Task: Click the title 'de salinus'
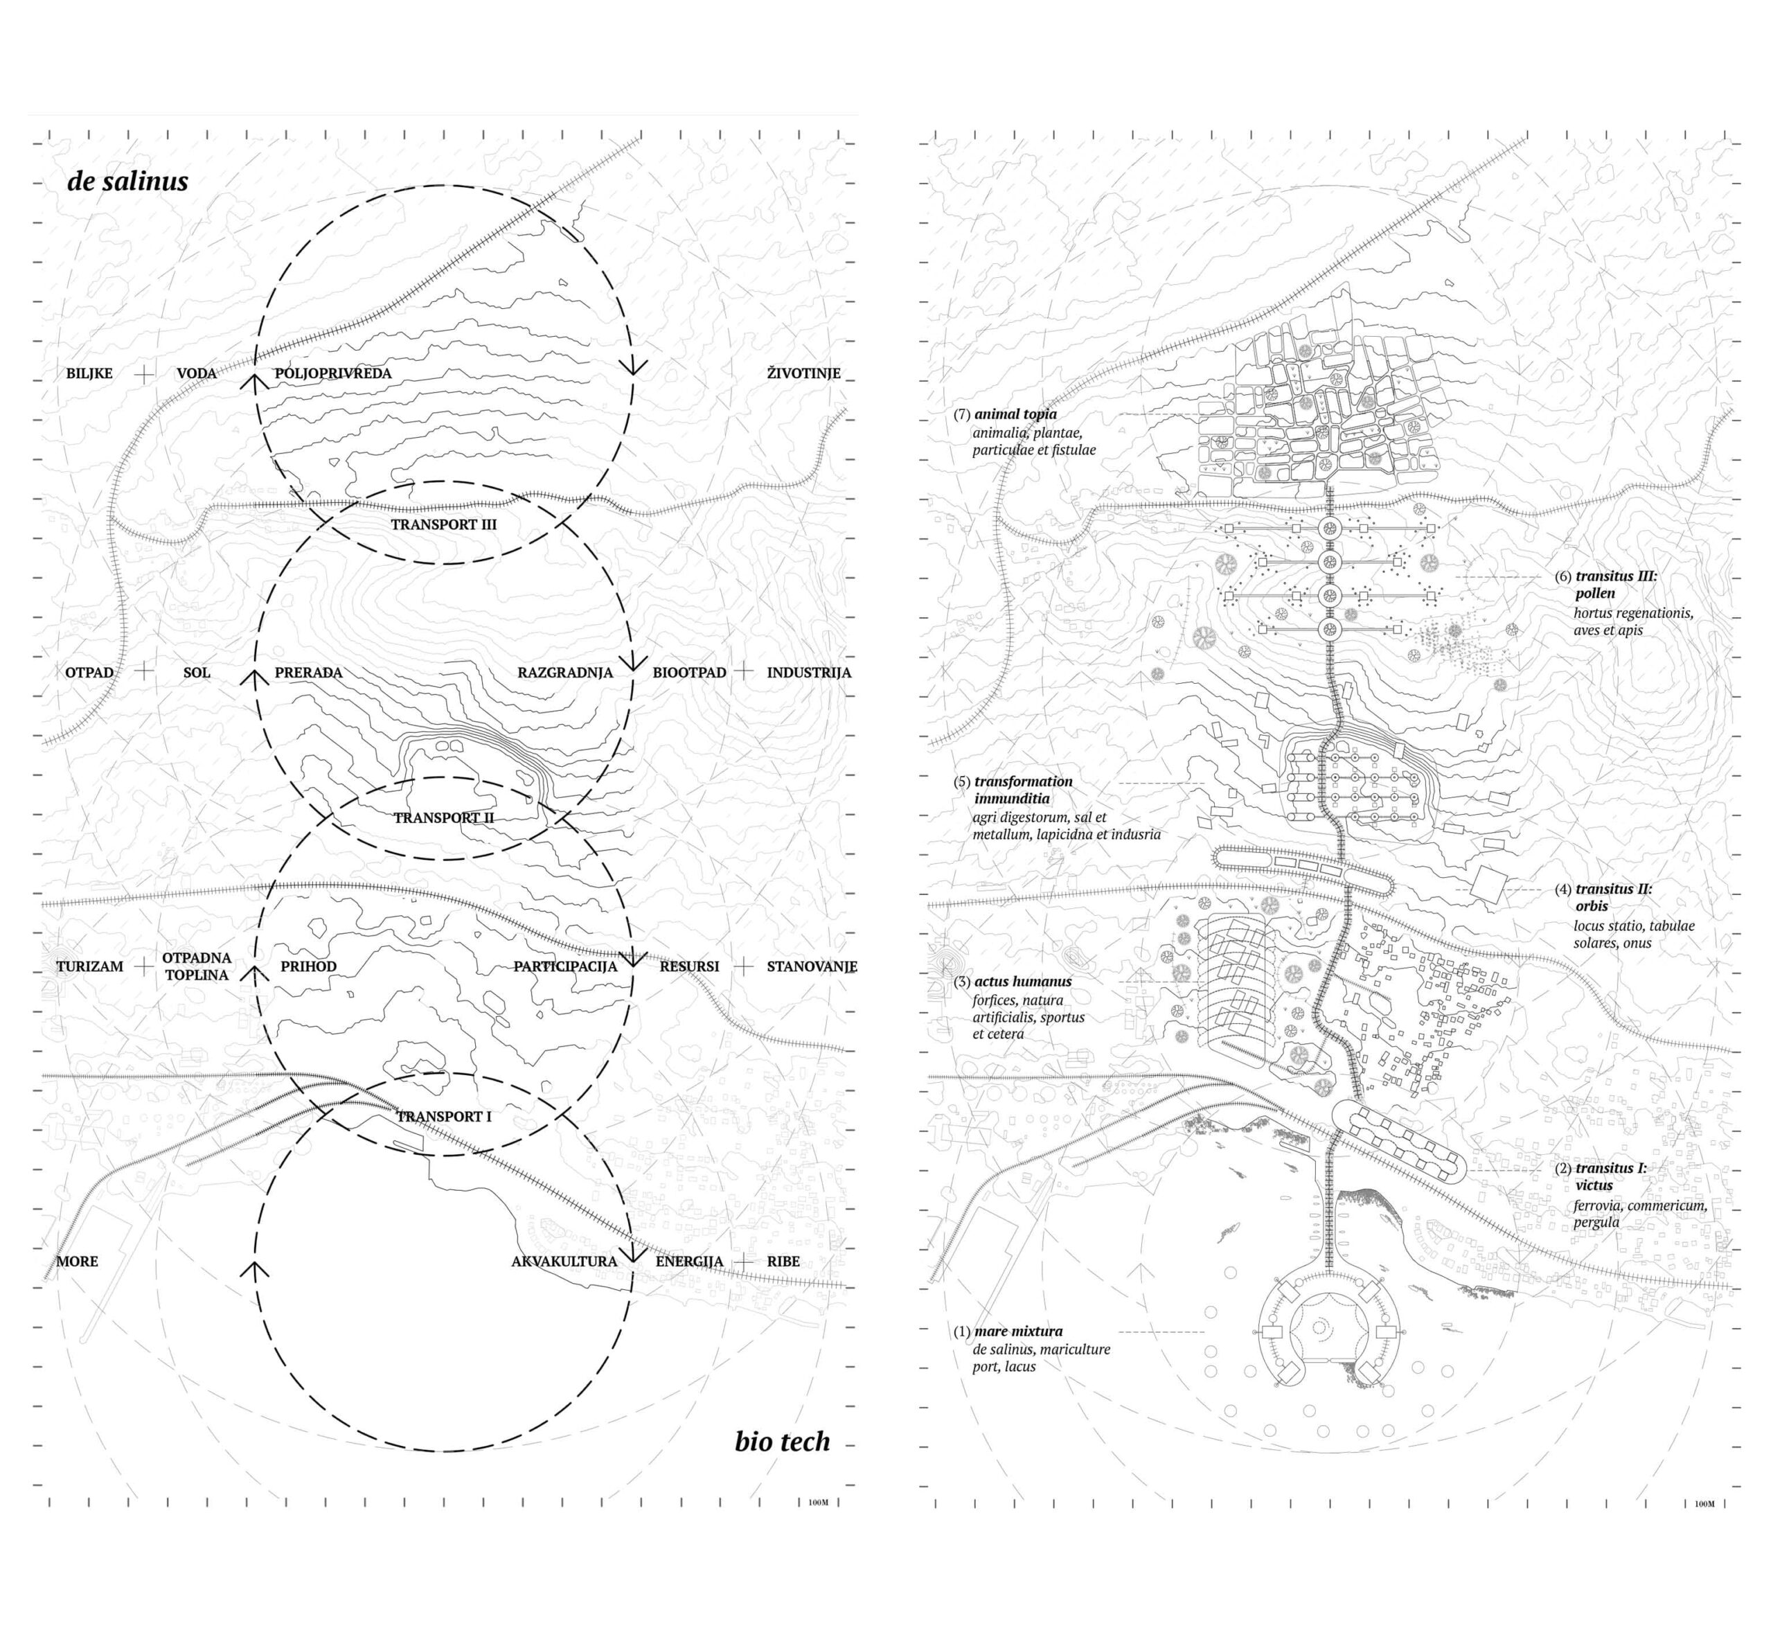pyautogui.click(x=127, y=181)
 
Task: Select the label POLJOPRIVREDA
pyautogui.click(x=333, y=373)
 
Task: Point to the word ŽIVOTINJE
pyautogui.click(x=803, y=373)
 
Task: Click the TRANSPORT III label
pyautogui.click(x=444, y=524)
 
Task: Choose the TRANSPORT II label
pyautogui.click(x=444, y=817)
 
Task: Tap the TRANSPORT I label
pyautogui.click(x=444, y=1117)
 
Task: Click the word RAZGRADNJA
pyautogui.click(x=565, y=673)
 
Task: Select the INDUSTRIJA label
pyautogui.click(x=808, y=673)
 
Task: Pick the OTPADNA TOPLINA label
pyautogui.click(x=197, y=966)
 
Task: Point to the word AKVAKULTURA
pyautogui.click(x=564, y=1262)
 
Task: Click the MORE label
pyautogui.click(x=77, y=1262)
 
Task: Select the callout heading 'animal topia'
pyautogui.click(x=1015, y=414)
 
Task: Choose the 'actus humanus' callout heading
pyautogui.click(x=1023, y=982)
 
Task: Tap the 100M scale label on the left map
pyautogui.click(x=819, y=1503)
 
